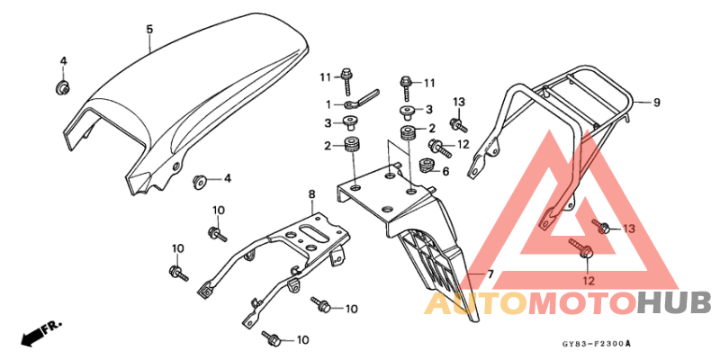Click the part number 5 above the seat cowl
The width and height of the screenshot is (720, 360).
click(149, 30)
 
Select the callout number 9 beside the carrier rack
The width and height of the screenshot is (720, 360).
click(656, 103)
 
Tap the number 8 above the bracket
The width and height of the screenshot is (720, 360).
click(311, 194)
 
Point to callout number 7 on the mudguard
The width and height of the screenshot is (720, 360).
click(490, 274)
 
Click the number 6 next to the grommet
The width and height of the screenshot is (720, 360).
click(445, 171)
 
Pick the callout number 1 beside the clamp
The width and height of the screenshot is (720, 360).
click(328, 105)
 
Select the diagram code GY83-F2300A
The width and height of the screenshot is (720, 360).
click(596, 343)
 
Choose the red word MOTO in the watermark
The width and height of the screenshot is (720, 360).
click(582, 305)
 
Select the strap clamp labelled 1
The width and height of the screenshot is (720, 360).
click(362, 99)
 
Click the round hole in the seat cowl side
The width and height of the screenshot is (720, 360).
click(175, 166)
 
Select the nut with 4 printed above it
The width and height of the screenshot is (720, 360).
click(62, 87)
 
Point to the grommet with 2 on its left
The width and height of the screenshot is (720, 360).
click(352, 144)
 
